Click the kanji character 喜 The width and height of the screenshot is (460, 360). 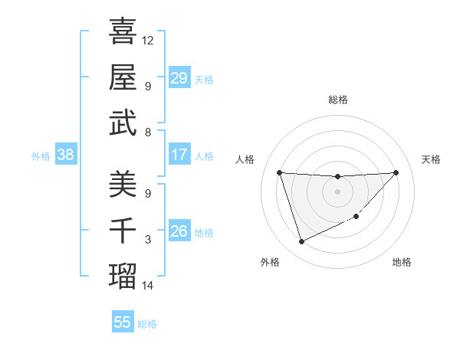[123, 31]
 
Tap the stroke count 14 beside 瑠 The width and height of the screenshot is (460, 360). [148, 286]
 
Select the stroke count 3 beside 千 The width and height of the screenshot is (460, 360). [148, 240]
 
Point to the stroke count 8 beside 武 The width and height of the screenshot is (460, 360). [148, 133]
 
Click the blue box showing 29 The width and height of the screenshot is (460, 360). [179, 78]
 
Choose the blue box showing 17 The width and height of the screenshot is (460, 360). [179, 155]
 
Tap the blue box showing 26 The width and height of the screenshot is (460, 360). [179, 231]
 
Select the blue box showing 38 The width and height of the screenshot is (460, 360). [65, 155]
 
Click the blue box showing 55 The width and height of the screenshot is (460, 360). [123, 322]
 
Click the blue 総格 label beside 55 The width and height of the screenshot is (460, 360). [147, 324]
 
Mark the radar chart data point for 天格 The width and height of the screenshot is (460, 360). [396, 172]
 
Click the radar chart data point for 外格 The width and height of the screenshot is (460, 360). [301, 242]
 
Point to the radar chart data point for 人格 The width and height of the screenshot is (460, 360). [279, 172]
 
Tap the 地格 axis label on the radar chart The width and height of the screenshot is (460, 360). [402, 263]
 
